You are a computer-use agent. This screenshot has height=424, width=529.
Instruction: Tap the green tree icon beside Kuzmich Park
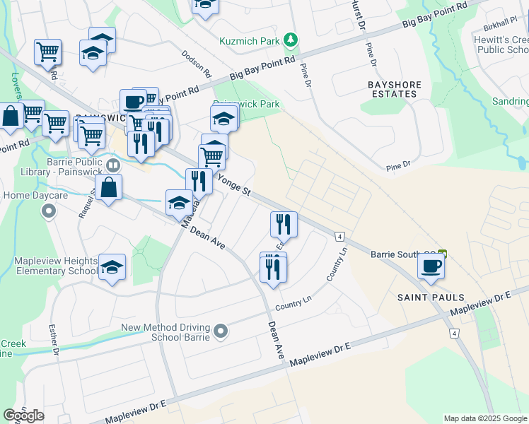point(289,41)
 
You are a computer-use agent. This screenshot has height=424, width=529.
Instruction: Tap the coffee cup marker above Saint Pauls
point(431,266)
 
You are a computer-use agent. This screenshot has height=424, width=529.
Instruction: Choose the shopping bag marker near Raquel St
point(108,188)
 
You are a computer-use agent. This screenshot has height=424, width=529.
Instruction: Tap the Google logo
point(23,416)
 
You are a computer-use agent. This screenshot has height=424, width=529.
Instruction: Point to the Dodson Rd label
point(196,64)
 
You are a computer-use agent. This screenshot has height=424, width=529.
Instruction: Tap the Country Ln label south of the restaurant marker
point(293,303)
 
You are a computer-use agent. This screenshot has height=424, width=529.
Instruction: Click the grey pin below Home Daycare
point(48,211)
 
